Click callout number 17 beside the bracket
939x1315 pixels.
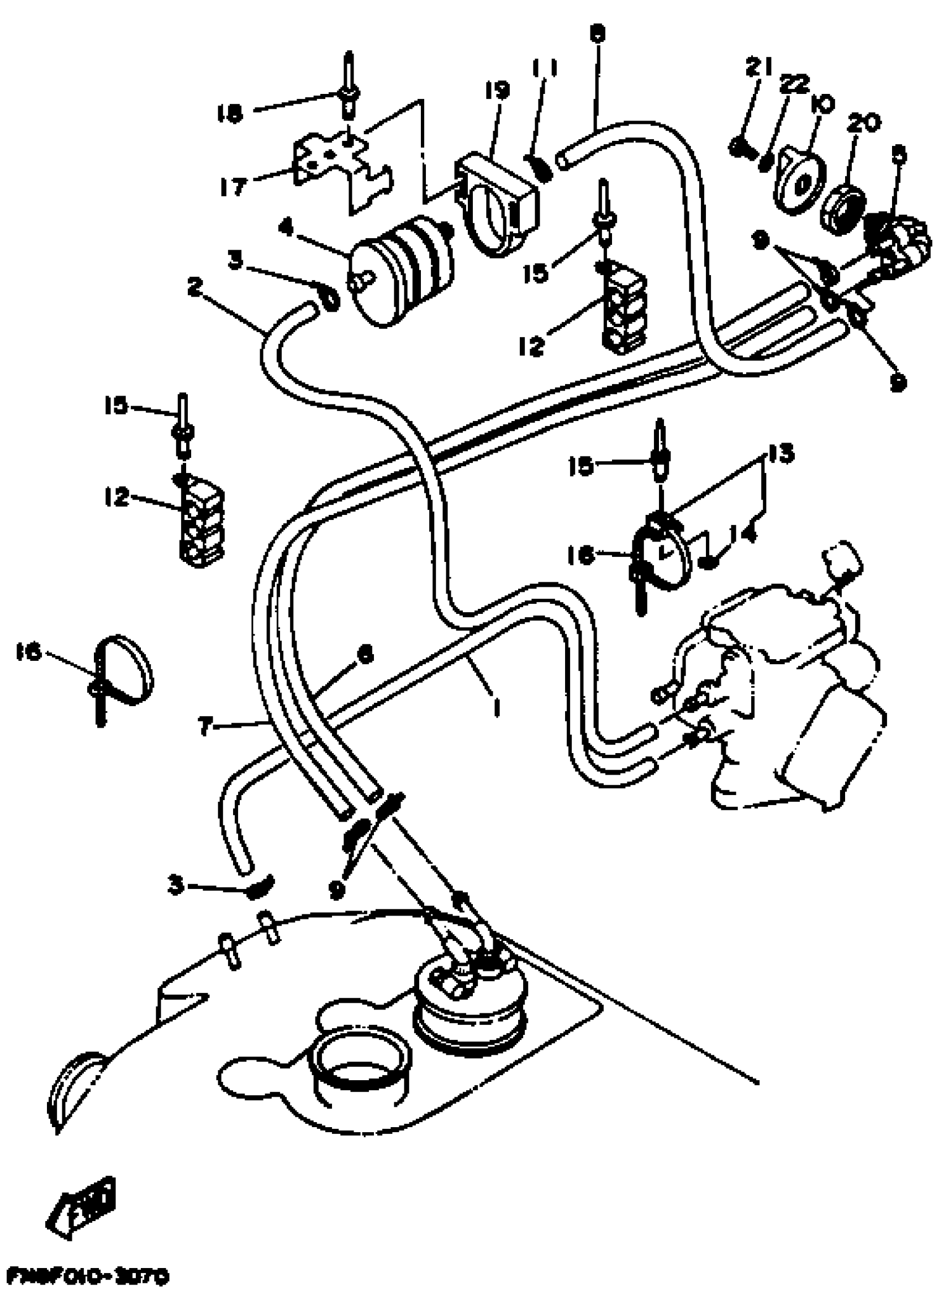(234, 186)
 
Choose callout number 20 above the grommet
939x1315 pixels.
(864, 123)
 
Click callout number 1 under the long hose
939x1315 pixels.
(495, 707)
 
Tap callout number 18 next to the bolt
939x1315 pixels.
(229, 114)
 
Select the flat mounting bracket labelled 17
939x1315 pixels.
(341, 168)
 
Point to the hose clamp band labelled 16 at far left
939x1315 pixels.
(124, 671)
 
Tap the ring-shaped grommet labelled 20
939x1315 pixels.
(842, 210)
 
